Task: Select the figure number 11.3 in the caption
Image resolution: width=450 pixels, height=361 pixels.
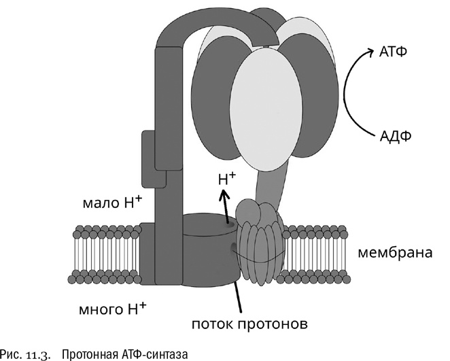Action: (x=39, y=352)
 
